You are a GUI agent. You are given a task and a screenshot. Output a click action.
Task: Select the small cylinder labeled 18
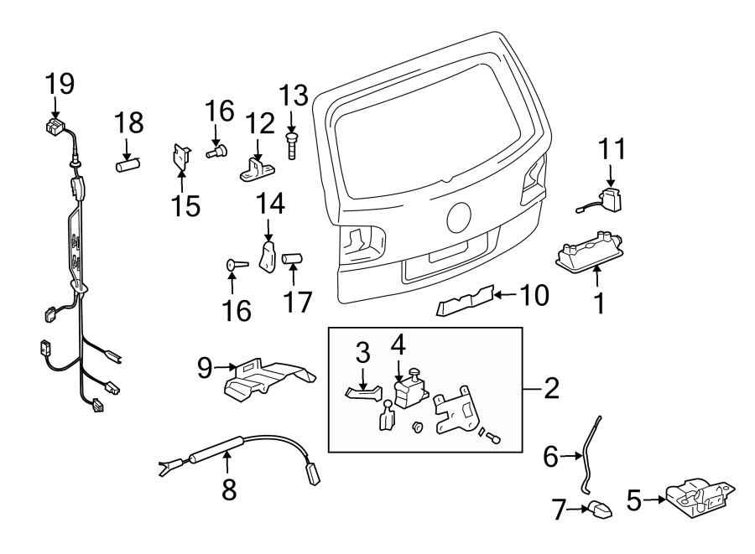[x=126, y=164]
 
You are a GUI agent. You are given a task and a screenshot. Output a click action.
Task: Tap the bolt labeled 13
[x=291, y=143]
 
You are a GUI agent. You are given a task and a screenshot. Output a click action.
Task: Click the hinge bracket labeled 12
[x=257, y=170]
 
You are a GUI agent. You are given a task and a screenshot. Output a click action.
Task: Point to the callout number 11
[x=612, y=150]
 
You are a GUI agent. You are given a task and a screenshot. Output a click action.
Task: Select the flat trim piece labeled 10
[x=464, y=300]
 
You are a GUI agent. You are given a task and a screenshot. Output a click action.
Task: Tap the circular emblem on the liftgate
[x=461, y=217]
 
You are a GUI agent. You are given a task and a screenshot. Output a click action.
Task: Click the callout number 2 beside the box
[x=550, y=388]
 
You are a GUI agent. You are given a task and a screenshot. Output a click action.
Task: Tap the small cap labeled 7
[x=596, y=508]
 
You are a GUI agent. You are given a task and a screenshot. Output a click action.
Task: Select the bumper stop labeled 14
[x=268, y=256]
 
